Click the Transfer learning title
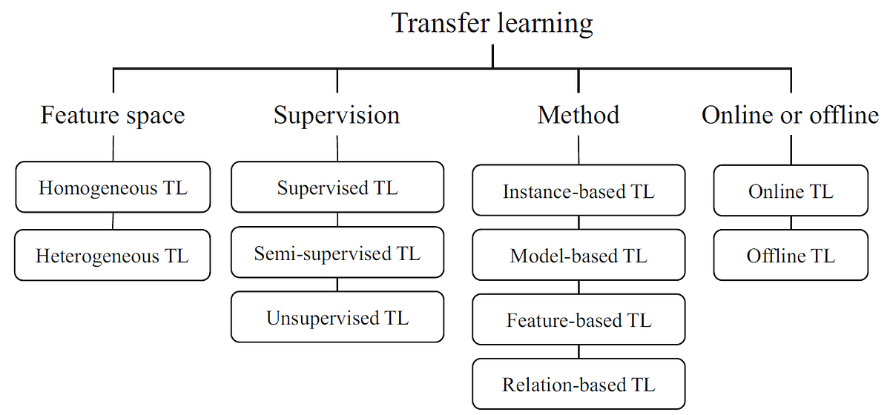point(492,24)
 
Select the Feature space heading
point(113,116)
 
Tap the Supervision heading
point(337,116)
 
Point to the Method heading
point(578,116)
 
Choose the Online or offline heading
point(790,116)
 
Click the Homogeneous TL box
point(113,187)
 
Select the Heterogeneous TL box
point(113,256)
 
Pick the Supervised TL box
point(337,187)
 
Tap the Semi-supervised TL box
point(337,253)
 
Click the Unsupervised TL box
point(337,317)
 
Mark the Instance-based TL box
point(578,191)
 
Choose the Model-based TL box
point(578,256)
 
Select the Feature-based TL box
point(578,320)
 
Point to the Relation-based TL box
point(578,384)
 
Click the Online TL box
point(791,191)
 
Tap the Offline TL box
point(791,256)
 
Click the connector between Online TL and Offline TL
point(791,223)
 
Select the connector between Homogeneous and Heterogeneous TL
point(113,221)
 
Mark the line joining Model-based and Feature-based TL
point(578,288)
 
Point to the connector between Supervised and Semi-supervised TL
point(337,220)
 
